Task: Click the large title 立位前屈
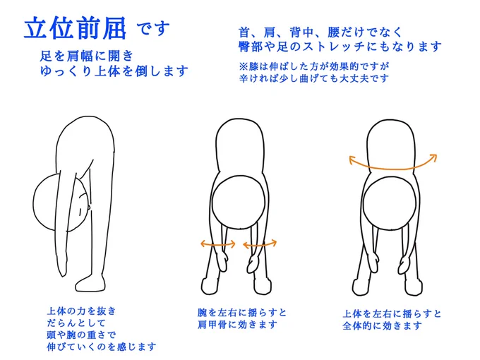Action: tap(75, 28)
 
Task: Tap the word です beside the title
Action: tap(153, 28)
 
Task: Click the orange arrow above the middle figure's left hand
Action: tap(217, 244)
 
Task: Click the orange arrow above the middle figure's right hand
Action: tap(260, 244)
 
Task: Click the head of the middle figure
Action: tap(239, 203)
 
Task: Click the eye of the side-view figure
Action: tap(80, 212)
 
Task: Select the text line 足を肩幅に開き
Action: tap(87, 56)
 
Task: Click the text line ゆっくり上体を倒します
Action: tap(114, 71)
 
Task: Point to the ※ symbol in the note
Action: tap(244, 66)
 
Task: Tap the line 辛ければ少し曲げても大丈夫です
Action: tap(314, 78)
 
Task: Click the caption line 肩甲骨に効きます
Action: tap(237, 325)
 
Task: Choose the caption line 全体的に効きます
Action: tap(382, 325)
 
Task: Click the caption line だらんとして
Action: tap(76, 323)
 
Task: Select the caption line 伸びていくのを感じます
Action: tap(102, 347)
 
